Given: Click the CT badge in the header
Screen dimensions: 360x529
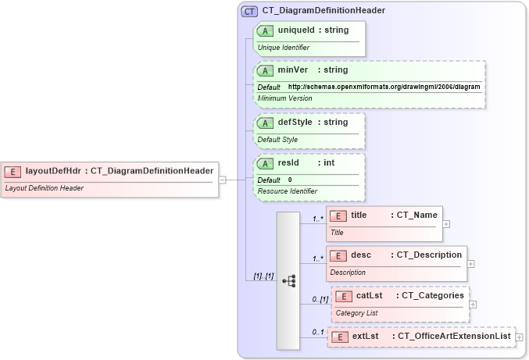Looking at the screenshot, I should [250, 11].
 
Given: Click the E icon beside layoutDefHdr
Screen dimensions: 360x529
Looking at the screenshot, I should [13, 171].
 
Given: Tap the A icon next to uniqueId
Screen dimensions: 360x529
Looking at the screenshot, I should [266, 30].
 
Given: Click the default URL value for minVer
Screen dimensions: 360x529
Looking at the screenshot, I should [384, 86].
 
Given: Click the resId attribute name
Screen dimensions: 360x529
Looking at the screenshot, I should [289, 163].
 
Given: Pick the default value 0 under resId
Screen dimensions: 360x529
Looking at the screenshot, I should [290, 180].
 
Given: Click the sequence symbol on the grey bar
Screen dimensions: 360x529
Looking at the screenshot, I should [288, 280].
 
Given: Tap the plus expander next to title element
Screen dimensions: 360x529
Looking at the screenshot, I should [446, 223].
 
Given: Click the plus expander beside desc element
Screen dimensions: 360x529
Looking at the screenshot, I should [470, 263].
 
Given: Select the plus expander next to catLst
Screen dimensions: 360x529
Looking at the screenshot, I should [473, 304].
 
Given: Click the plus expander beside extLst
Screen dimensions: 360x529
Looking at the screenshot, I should [520, 337].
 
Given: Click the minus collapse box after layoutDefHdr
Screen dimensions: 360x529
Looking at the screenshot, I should [223, 179].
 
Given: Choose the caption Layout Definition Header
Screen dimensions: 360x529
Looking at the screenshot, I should [44, 188].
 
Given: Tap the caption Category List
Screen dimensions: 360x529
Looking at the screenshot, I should [356, 313].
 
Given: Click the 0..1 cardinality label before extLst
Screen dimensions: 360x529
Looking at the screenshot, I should [318, 333].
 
